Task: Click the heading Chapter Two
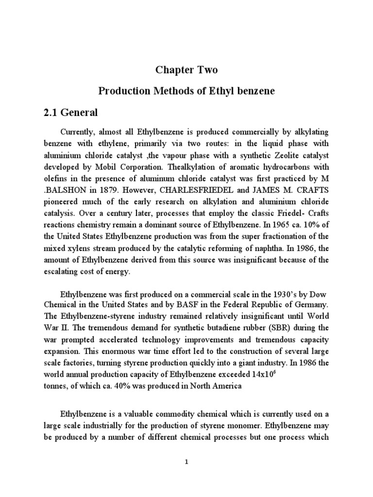[186, 70]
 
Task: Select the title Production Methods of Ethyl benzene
[186, 92]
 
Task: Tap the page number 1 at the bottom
[186, 463]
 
